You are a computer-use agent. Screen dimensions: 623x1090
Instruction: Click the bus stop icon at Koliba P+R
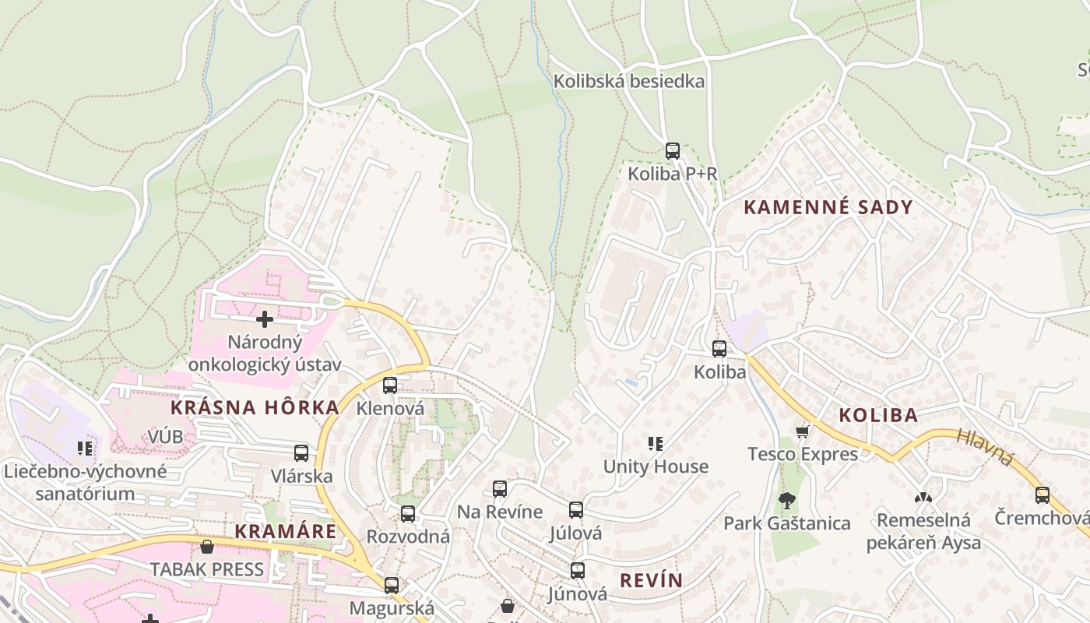coord(673,151)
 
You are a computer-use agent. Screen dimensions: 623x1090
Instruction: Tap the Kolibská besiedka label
coord(628,81)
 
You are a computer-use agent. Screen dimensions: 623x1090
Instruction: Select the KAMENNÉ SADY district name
coord(828,207)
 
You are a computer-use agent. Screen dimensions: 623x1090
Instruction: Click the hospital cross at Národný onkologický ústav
coord(265,319)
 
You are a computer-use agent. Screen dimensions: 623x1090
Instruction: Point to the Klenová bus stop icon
coord(390,385)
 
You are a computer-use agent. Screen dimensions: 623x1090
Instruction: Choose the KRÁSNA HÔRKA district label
coord(255,407)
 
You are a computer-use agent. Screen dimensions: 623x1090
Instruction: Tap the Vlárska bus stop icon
coord(301,453)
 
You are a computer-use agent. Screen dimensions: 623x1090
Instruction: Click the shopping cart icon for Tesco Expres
coord(803,431)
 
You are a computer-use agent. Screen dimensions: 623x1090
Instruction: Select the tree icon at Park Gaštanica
coord(786,500)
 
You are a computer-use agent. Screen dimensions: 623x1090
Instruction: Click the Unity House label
coord(656,466)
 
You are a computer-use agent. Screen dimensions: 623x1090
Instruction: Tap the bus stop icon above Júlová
coord(576,510)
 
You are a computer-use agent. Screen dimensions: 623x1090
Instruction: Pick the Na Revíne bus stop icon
coord(500,489)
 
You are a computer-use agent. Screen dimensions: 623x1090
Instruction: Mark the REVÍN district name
coord(651,580)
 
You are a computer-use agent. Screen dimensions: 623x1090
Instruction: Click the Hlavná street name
coord(985,448)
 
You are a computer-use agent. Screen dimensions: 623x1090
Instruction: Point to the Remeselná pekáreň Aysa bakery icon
coord(923,497)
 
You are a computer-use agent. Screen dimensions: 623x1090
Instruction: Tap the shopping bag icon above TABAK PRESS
coord(207,547)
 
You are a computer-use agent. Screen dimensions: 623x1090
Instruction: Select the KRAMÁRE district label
coord(286,532)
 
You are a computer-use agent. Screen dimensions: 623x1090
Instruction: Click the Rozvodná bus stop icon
coord(408,514)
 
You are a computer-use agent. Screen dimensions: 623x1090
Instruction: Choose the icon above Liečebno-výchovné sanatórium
coord(86,449)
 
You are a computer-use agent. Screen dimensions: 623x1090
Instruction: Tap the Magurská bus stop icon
coord(392,585)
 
